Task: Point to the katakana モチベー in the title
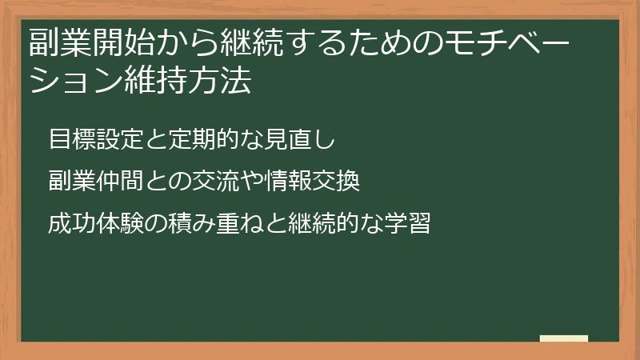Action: [518, 41]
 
